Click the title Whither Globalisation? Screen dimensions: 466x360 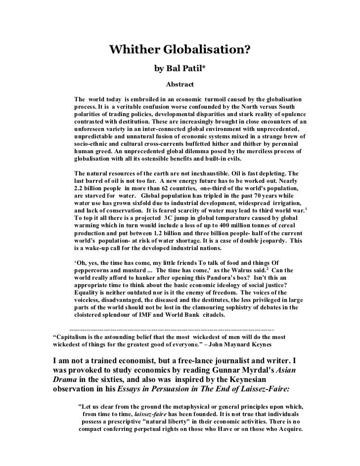pyautogui.click(x=180, y=50)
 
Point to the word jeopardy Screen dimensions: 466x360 pyautogui.click(x=268, y=241)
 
